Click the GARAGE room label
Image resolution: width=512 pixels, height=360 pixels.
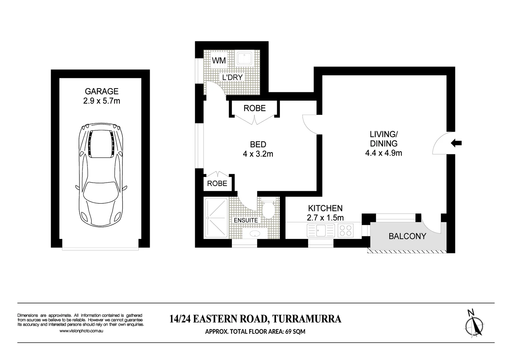101,91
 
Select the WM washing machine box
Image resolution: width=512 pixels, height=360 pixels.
219,60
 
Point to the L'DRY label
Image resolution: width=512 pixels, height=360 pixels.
232,77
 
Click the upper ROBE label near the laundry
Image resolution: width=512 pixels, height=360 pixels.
254,108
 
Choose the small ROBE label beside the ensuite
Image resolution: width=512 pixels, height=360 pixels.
217,183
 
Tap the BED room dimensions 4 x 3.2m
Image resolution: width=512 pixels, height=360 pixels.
258,154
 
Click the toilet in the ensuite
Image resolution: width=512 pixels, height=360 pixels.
268,209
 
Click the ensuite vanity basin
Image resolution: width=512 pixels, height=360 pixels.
255,233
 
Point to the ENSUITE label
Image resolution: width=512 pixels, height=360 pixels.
245,220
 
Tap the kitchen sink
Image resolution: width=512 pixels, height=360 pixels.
321,230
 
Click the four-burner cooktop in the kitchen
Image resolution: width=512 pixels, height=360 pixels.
345,230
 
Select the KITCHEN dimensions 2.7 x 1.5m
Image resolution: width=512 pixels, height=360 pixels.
325,218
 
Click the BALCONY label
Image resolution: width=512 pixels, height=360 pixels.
407,236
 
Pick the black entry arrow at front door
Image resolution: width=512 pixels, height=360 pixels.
456,143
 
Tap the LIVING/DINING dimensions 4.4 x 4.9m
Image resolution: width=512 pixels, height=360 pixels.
384,153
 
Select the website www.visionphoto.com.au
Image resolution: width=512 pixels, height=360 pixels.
81,331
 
